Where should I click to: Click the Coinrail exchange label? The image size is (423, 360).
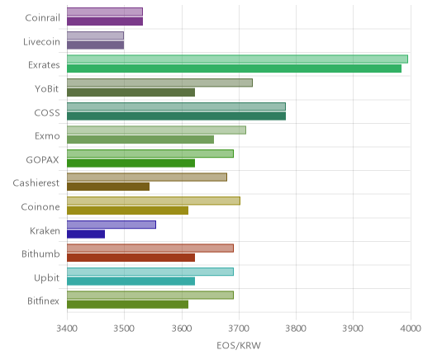coord(42,17)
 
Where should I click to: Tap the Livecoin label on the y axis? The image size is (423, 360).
coord(41,41)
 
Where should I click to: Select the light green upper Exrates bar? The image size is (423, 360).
coord(237,59)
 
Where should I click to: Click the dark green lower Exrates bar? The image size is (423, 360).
coord(234,69)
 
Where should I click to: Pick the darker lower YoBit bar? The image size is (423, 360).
coord(131,92)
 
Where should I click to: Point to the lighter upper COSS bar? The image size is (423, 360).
coord(176,107)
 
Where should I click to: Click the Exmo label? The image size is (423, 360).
coord(47,135)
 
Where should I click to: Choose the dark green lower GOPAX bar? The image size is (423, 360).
coord(131,163)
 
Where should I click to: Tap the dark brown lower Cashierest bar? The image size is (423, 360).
coord(108,187)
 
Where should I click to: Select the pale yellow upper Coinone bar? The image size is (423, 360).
coord(154,201)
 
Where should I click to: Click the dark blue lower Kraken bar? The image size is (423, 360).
coord(86,234)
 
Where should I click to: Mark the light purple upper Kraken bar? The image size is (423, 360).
coord(112,225)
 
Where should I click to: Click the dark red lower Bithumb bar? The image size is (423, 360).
coord(131,258)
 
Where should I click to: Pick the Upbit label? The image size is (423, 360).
coord(47,277)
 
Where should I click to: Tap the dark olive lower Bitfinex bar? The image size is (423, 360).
coord(127,305)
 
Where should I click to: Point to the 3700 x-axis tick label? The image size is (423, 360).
coord(239,329)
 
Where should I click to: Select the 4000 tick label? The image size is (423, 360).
coord(411,329)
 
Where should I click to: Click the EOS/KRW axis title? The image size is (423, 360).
coord(239,345)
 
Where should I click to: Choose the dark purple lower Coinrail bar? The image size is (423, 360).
coord(105,21)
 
